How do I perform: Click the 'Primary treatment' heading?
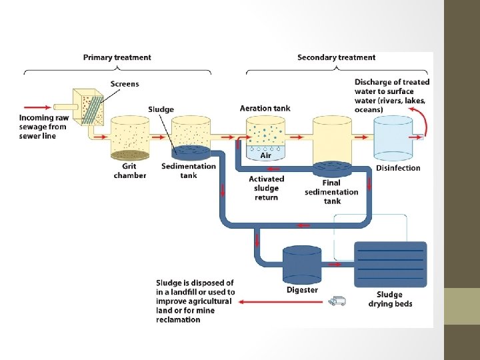pos(117,57)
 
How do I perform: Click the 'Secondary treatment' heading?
pos(336,57)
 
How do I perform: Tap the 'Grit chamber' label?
pos(130,171)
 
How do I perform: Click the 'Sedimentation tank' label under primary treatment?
pos(189,171)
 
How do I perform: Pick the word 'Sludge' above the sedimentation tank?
pos(161,109)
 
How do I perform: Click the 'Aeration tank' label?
pos(265,108)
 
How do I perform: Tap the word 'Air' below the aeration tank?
pos(265,155)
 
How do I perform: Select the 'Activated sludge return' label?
pos(266,188)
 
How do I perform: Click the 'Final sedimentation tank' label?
pos(331,192)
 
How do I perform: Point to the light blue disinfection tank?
pos(397,139)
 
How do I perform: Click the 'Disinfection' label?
pos(398,168)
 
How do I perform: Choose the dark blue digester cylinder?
pos(302,264)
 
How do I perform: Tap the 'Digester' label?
pos(302,290)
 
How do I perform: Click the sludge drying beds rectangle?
pos(390,264)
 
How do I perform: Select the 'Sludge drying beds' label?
pos(390,299)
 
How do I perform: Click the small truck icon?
pos(337,301)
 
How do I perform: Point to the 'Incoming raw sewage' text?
pos(43,127)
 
